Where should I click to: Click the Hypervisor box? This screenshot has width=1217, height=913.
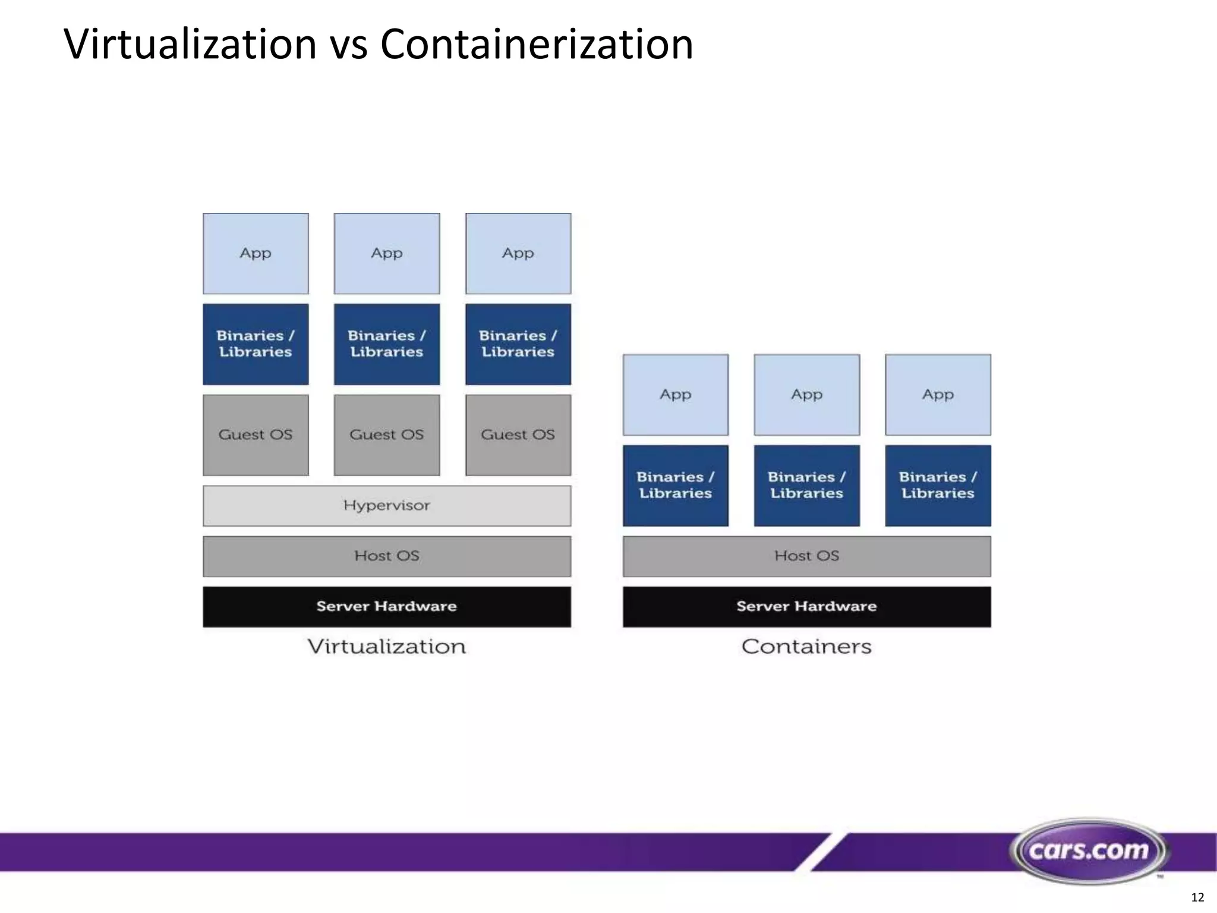386,506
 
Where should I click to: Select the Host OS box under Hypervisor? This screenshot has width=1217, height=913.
386,556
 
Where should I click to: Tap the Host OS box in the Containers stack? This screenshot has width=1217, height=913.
806,556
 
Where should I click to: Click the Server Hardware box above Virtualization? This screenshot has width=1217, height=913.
386,607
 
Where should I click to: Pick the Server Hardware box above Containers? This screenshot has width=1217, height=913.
806,607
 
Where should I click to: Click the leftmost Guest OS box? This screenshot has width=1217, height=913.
256,435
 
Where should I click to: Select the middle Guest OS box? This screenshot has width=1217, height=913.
386,435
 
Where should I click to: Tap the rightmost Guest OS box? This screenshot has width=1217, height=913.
518,435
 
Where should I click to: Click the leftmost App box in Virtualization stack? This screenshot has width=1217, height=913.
256,254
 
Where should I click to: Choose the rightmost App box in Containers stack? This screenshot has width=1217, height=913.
938,395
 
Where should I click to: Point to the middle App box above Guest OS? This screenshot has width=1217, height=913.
386,254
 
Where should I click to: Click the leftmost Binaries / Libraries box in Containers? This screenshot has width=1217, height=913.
675,486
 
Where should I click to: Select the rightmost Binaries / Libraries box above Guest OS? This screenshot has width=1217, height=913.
518,344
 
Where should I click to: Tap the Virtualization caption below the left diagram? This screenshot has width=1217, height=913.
386,647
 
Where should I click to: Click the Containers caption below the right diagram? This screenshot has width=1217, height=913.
806,647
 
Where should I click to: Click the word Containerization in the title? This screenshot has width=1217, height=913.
536,45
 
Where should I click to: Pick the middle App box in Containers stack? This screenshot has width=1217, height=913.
806,395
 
